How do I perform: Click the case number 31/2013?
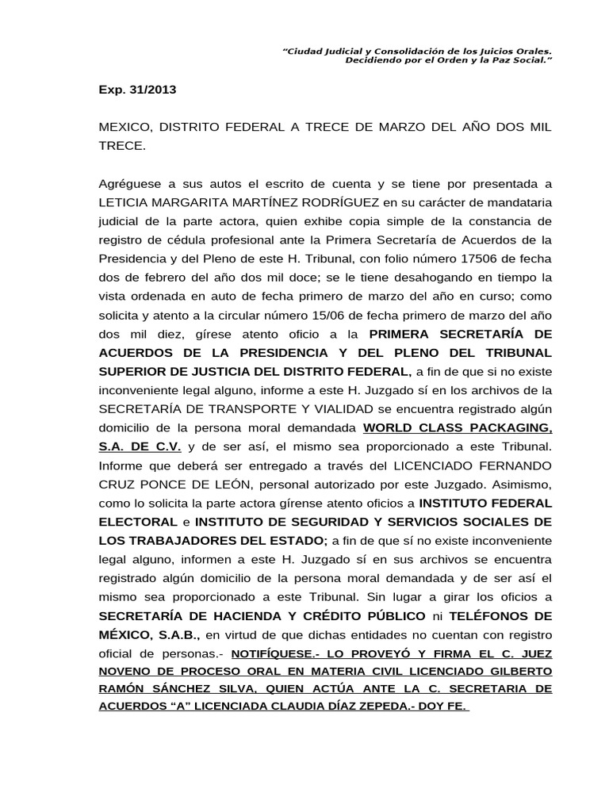(151, 90)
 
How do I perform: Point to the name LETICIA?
(124, 203)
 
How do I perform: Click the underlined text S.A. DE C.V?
(140, 446)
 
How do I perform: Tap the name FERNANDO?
(519, 465)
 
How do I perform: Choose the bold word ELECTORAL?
(138, 521)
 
